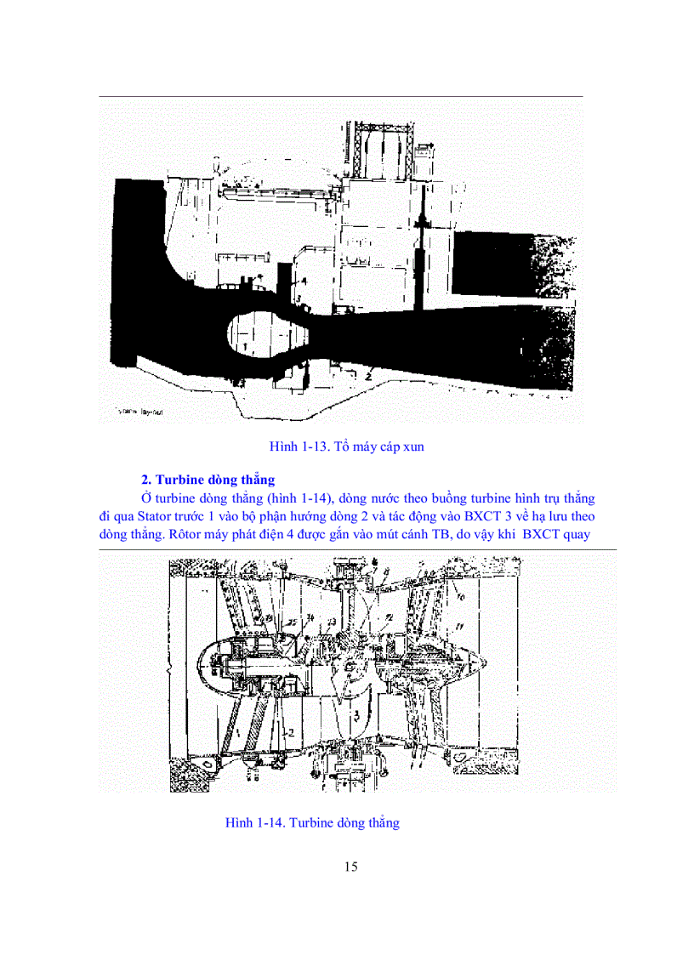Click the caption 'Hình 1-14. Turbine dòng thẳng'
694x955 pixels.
312,822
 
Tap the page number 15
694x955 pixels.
351,867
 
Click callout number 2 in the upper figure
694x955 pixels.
371,372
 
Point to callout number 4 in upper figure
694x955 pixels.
302,279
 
